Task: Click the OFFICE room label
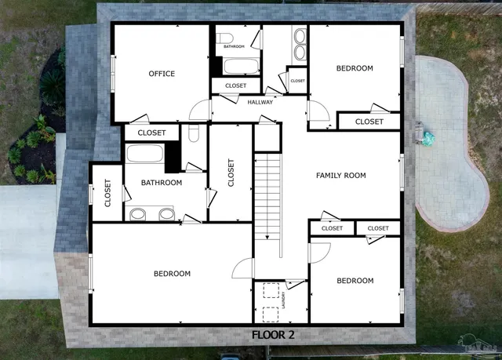[162, 74]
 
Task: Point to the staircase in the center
[268, 195]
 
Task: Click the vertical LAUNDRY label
[294, 303]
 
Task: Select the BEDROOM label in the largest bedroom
[172, 274]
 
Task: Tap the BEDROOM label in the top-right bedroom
[355, 68]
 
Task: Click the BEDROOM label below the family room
[355, 281]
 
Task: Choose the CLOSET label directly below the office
[151, 133]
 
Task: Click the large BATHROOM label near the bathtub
[162, 183]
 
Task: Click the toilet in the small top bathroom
[224, 37]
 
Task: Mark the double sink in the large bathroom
[151, 213]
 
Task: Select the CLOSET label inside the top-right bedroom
[369, 122]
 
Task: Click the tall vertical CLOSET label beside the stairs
[231, 173]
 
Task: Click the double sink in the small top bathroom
[299, 44]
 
